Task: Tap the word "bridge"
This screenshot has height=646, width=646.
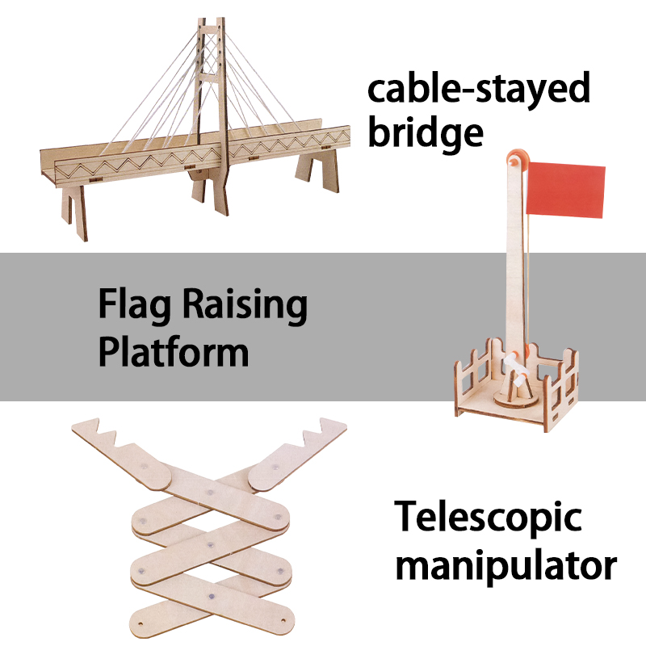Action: pos(426,134)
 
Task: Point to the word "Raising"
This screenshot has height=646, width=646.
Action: pos(245,306)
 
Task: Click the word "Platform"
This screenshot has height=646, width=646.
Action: pos(174,351)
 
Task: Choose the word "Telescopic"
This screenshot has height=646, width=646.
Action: pos(489,518)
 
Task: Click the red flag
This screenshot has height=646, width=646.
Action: pos(566,190)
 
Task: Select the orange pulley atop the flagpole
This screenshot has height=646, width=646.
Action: pos(517,159)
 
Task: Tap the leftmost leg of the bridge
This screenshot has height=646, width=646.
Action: pos(74,213)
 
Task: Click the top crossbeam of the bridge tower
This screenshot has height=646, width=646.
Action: pos(211,30)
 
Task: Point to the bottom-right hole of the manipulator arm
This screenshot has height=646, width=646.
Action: pos(283,620)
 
